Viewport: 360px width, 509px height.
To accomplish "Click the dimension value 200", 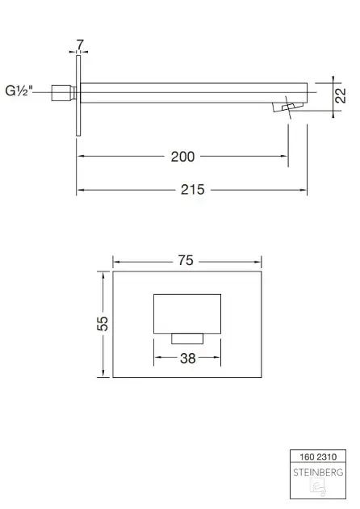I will point(182,157).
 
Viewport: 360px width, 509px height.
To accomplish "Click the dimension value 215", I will point(192,190).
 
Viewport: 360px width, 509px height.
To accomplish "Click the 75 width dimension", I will point(186,260).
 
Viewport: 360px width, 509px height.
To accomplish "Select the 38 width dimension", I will point(187,358).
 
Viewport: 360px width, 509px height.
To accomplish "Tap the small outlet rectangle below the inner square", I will point(186,338).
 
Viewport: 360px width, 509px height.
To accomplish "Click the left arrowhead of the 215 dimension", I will point(80,190).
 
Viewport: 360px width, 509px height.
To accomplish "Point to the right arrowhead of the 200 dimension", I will point(286,157).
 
